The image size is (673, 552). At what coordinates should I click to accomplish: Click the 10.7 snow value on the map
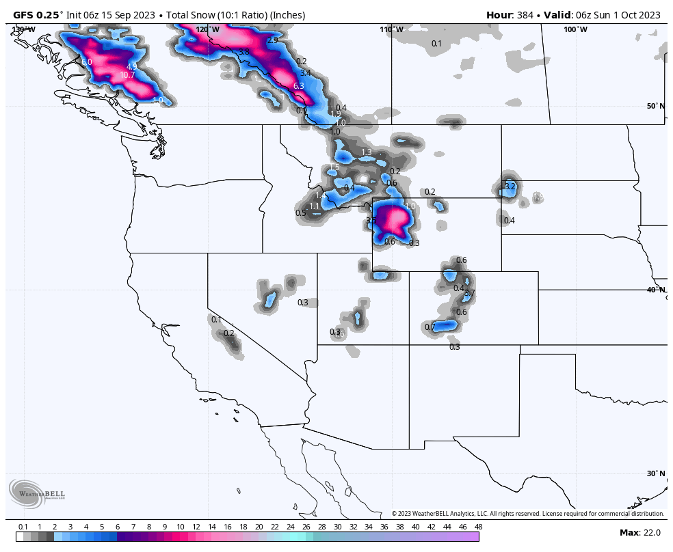tap(127, 75)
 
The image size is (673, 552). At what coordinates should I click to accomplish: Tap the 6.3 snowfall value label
tap(298, 86)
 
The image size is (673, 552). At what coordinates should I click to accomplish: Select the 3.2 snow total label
tap(510, 186)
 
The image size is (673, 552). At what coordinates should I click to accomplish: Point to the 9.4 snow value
tap(349, 188)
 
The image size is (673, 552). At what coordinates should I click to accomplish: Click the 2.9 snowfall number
tap(273, 40)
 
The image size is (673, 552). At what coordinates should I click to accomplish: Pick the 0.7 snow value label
tap(430, 327)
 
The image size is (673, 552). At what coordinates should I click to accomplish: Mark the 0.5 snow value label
tap(301, 213)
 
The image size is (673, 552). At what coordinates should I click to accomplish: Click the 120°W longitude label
tap(207, 29)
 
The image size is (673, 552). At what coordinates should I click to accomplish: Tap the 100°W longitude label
tap(575, 29)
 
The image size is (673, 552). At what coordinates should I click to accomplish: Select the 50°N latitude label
tap(655, 106)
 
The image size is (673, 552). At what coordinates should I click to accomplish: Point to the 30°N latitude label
tap(655, 473)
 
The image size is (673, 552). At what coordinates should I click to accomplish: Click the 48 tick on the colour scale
tap(478, 527)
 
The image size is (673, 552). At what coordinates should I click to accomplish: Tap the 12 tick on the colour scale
tap(196, 527)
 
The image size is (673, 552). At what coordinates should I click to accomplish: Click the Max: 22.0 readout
tap(640, 532)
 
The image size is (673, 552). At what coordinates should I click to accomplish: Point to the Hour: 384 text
tap(510, 15)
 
